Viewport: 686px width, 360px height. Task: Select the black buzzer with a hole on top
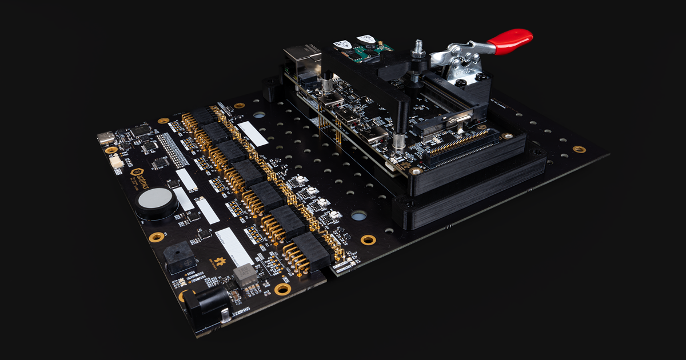pyautogui.click(x=177, y=258)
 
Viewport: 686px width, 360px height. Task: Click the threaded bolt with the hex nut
pyautogui.click(x=418, y=48)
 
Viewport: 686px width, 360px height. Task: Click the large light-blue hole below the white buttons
pyautogui.click(x=358, y=215)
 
